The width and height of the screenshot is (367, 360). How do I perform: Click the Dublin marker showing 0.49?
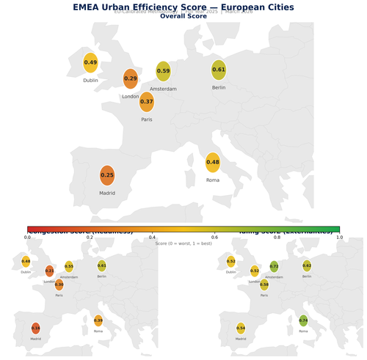coord(90,63)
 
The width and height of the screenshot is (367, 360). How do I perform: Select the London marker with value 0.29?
coord(131,78)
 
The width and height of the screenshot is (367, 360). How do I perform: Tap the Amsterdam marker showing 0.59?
coord(164,71)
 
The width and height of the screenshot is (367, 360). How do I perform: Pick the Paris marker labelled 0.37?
coord(147,102)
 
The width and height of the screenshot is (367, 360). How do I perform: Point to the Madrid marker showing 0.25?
coord(107,175)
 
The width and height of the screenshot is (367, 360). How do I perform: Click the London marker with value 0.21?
coord(50,271)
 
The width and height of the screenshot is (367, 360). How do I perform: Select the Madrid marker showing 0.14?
coord(36,328)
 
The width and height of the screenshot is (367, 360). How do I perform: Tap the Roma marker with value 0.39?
coord(98,320)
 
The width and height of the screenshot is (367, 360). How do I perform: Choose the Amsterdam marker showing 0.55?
coord(69,267)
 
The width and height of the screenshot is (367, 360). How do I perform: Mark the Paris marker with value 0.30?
coord(59,284)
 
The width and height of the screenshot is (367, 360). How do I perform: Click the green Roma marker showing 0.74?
coord(303,320)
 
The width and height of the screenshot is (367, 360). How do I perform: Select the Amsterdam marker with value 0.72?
coord(274,267)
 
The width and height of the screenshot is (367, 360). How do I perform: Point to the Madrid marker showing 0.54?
coord(241,328)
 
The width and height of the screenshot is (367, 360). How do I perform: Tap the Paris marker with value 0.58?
coord(264,284)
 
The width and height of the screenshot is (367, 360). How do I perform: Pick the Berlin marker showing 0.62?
coord(307,265)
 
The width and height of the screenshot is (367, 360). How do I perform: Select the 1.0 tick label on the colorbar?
coord(339,238)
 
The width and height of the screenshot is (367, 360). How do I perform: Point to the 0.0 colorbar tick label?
coord(27,238)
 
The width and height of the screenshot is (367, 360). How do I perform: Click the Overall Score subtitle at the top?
coord(183,15)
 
